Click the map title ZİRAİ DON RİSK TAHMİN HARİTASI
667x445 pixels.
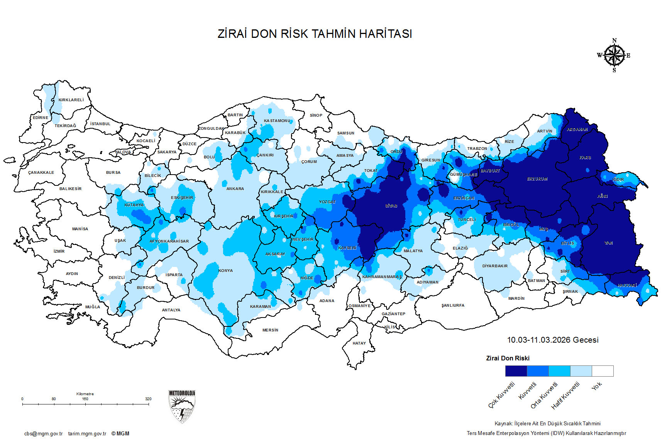coord(315,34)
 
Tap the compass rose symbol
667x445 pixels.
coord(614,56)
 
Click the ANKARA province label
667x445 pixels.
coord(235,189)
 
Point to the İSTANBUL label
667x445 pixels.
coord(100,124)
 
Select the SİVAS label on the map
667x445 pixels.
coord(391,206)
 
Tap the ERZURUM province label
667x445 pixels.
coord(537,179)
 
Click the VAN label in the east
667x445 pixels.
coord(608,243)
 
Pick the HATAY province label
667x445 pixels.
coord(359,343)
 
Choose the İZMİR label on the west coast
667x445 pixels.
coord(59,251)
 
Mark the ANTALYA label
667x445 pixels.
coord(171,310)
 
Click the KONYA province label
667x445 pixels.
coord(225,271)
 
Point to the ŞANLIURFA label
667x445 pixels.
coord(453,306)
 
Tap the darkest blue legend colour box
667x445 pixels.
coord(516,371)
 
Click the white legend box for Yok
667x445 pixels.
coord(603,371)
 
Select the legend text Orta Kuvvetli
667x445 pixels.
coord(544,395)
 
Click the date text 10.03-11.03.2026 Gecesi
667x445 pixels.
coord(552,340)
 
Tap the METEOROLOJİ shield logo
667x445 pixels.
coord(182,406)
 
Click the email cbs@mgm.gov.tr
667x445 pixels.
coord(43,434)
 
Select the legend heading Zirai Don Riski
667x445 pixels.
coord(508,358)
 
